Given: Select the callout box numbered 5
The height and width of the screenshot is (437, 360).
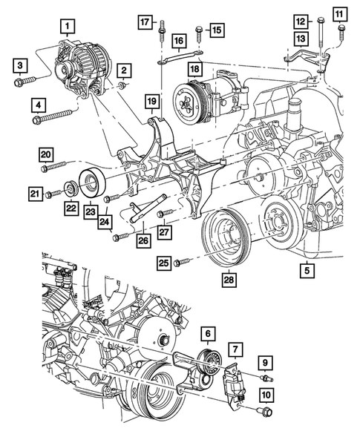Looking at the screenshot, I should (306, 272).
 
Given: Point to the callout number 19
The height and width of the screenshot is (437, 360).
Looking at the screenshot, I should (151, 100).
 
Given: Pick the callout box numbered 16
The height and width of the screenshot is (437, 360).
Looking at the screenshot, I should (180, 39).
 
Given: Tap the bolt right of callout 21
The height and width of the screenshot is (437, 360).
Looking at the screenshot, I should (51, 194).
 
